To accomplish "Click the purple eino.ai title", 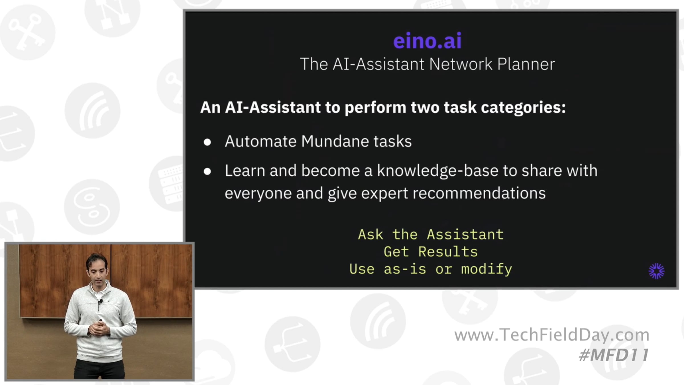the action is click(427, 41).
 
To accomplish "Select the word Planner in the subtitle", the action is click(526, 64).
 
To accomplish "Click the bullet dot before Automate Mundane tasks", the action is click(207, 142).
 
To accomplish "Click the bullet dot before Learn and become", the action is click(207, 171).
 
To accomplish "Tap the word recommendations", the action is click(479, 193).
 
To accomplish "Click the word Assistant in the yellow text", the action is click(465, 234).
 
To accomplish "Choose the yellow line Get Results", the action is click(431, 252).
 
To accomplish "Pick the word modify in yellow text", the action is click(486, 269).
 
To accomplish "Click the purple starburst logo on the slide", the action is click(656, 271).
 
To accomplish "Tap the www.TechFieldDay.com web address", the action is click(552, 335).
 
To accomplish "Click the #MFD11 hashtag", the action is click(614, 355).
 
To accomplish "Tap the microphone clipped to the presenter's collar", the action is click(100, 301).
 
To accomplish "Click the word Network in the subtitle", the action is click(461, 64).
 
